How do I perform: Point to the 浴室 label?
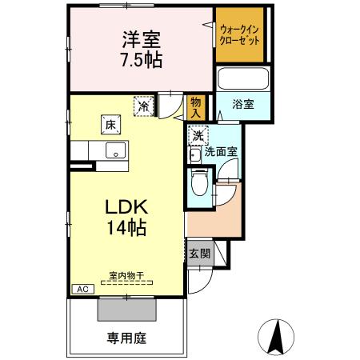pyautogui.click(x=244, y=104)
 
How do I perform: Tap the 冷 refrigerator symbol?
pyautogui.click(x=143, y=105)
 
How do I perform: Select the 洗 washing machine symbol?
pyautogui.click(x=198, y=135)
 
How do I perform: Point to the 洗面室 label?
pyautogui.click(x=220, y=150)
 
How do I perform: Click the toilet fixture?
pyautogui.click(x=201, y=183)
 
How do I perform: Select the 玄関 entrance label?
pyautogui.click(x=200, y=254)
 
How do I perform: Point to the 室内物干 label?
pyautogui.click(x=127, y=278)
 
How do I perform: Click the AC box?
pyautogui.click(x=81, y=290)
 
